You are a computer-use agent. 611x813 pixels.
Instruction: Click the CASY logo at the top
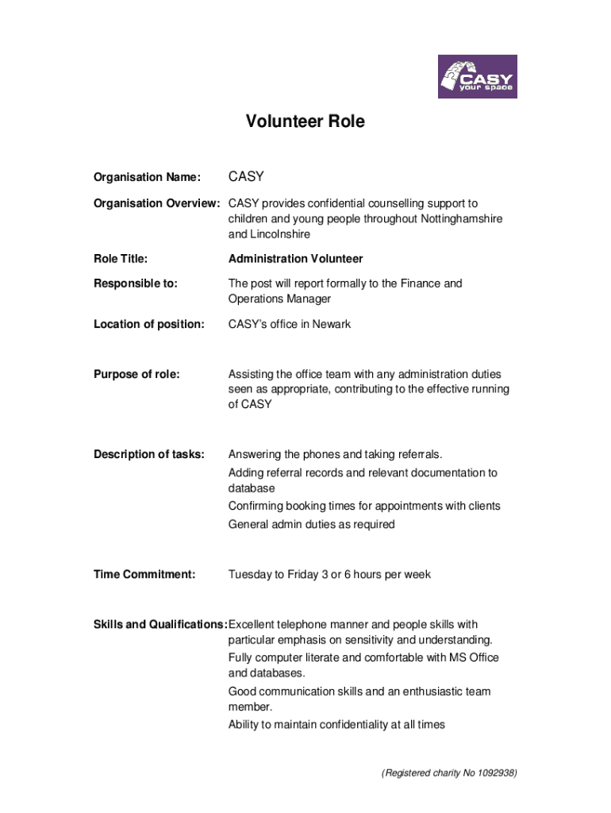[477, 76]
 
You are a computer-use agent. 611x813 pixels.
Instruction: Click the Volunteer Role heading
[305, 121]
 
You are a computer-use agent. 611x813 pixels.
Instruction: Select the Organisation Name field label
[147, 177]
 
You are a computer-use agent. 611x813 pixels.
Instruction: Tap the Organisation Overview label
[156, 203]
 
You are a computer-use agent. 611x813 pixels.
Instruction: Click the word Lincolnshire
[281, 234]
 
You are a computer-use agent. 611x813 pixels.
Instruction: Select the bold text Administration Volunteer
[295, 259]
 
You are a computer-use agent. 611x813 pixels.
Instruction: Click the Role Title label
[121, 259]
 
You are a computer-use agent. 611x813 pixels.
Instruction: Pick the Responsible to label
[136, 283]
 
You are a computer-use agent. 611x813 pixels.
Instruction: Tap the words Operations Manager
[279, 299]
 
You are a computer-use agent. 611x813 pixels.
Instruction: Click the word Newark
[332, 324]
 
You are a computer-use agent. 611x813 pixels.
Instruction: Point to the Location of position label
[149, 324]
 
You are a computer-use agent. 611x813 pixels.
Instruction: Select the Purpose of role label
[136, 374]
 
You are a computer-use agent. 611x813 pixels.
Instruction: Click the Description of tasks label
[149, 454]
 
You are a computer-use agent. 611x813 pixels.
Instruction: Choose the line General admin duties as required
[311, 524]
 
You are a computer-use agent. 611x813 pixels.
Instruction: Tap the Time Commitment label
[144, 574]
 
